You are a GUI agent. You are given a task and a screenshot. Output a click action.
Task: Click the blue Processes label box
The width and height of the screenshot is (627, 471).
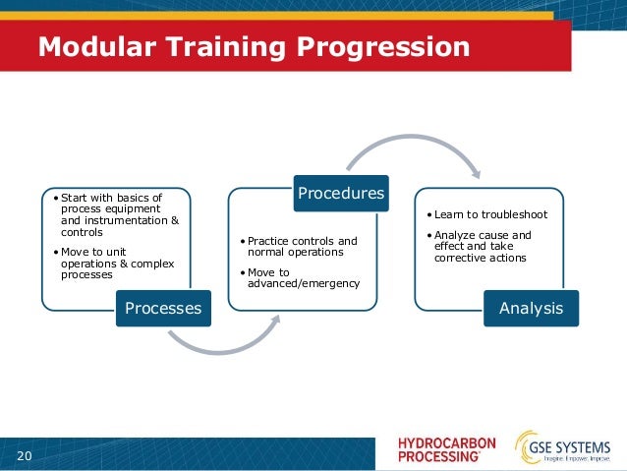pyautogui.click(x=162, y=308)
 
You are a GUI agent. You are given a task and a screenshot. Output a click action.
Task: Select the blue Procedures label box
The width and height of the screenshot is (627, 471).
pyautogui.click(x=340, y=194)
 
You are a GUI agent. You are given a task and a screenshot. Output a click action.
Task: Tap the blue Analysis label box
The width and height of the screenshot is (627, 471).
pyautogui.click(x=531, y=308)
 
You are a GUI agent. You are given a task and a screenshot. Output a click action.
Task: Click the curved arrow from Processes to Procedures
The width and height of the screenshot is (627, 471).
pyautogui.click(x=225, y=342)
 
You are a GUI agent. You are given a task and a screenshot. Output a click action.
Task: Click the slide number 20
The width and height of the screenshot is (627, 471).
pyautogui.click(x=24, y=454)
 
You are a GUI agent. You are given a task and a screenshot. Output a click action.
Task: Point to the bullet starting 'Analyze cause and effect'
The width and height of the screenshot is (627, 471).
pyautogui.click(x=482, y=246)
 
